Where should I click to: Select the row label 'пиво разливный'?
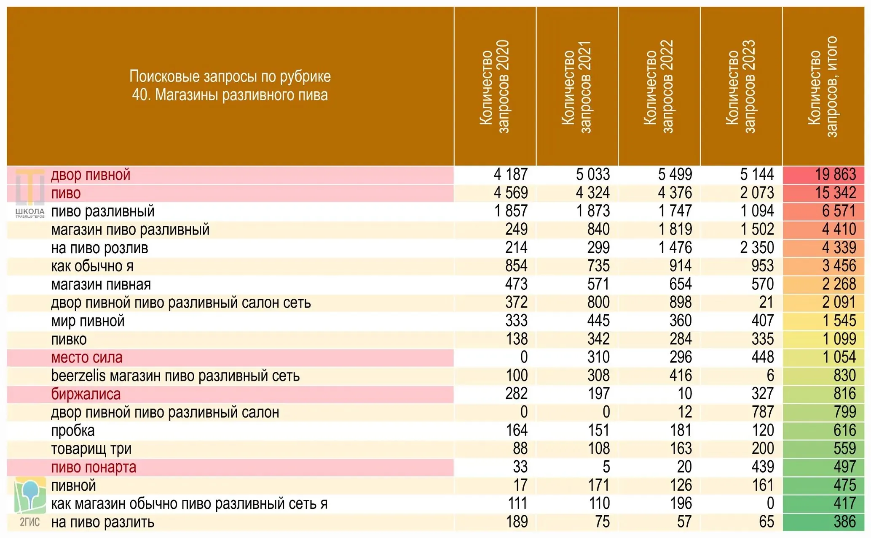coord(103,211)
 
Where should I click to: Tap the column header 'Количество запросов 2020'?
coord(495,87)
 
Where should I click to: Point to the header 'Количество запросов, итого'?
coord(823,87)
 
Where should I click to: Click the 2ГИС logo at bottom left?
coord(29,502)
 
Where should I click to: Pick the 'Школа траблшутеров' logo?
coord(29,194)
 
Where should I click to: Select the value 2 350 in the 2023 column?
coord(757,248)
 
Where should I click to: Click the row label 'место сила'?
coord(87,357)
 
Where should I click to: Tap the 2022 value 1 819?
coord(675,229)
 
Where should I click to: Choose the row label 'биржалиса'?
coord(86,394)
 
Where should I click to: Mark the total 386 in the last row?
coord(844,522)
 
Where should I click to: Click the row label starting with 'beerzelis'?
coord(175,376)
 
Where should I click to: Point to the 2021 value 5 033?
coord(593,175)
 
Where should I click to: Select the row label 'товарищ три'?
coord(91,449)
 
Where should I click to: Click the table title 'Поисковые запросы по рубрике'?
coord(230,76)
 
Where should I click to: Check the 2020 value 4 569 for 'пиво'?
coord(511,193)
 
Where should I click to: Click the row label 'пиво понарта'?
coord(94,468)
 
